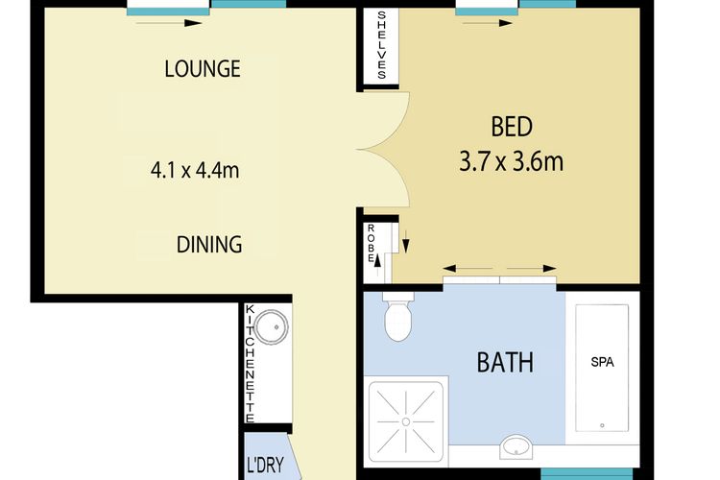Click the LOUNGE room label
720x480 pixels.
click(x=202, y=69)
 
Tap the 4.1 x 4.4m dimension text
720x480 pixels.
click(x=194, y=171)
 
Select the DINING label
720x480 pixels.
click(x=208, y=244)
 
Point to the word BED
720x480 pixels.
click(x=511, y=127)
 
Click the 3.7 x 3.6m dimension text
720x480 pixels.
click(x=511, y=159)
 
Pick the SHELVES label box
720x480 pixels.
click(x=381, y=46)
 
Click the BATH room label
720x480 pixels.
click(x=505, y=363)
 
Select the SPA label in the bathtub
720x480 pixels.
click(x=602, y=363)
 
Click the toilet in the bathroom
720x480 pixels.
click(x=396, y=319)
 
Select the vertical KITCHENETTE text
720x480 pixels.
click(x=251, y=364)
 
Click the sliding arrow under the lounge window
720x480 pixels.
click(x=170, y=22)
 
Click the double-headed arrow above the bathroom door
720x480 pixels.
click(x=499, y=269)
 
